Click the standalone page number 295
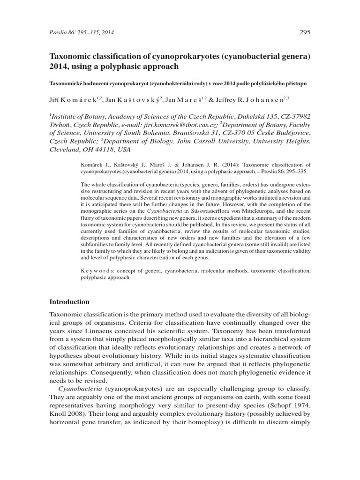304,32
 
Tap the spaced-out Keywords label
94,271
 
